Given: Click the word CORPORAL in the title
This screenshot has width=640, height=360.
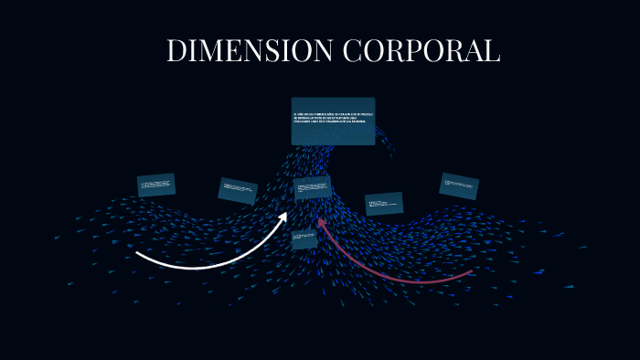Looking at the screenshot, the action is tap(421, 51).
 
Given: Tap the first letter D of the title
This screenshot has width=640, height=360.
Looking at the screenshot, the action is tap(176, 51).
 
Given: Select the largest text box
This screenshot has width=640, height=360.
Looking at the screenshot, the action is tap(333, 121).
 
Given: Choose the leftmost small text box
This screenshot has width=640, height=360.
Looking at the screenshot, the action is tap(156, 185).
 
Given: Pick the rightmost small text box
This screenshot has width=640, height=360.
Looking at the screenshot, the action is tap(458, 185).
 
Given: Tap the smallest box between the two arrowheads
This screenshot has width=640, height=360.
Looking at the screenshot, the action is tap(304, 239).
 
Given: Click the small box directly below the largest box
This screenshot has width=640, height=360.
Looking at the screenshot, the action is tap(313, 187).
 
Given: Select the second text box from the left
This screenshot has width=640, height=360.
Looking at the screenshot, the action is tap(238, 190).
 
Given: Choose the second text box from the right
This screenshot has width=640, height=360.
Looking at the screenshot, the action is tap(384, 203).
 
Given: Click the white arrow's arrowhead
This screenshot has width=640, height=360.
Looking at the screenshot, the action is tap(283, 216).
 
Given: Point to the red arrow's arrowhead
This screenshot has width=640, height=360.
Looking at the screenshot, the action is tap(321, 221).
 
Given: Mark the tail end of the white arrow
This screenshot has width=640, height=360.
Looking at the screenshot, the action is tap(138, 252).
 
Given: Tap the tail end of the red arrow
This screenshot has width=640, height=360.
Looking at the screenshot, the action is tap(471, 271).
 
